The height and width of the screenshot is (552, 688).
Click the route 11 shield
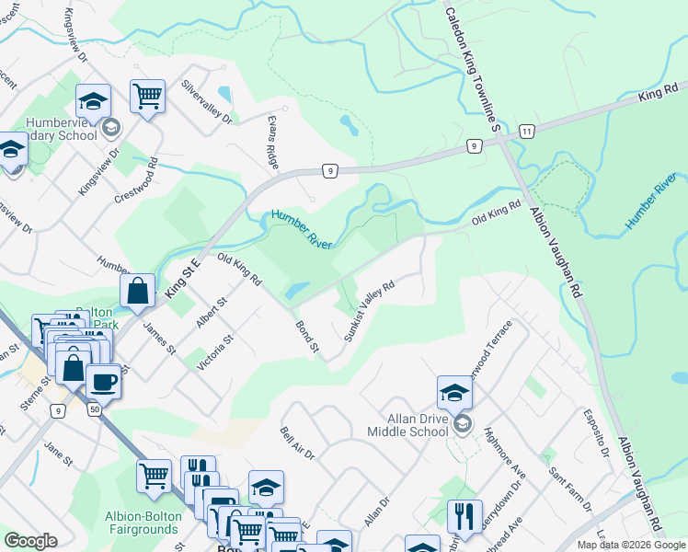tap(525, 132)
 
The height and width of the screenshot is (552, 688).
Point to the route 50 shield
tap(95, 408)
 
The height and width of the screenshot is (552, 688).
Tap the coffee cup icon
tap(103, 382)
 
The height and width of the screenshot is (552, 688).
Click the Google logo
tap(30, 541)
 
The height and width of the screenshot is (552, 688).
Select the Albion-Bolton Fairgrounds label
tap(142, 523)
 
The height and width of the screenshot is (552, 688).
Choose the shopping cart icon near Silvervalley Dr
tap(147, 97)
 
